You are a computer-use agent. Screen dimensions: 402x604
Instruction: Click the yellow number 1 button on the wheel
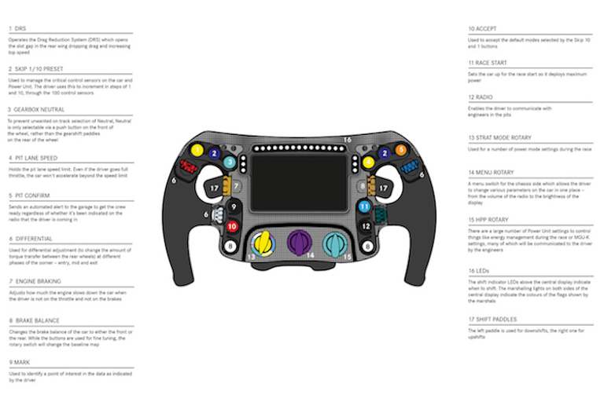coord(197,150)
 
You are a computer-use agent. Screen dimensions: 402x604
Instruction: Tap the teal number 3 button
coord(228,163)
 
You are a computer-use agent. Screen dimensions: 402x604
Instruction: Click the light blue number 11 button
coord(364,206)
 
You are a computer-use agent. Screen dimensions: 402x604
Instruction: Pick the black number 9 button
coord(233,206)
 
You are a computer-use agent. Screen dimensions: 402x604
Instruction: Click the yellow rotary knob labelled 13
coord(263,243)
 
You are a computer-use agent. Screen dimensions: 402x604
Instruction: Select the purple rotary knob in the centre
coord(299,241)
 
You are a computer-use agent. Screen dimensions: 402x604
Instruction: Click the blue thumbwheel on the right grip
coord(408,166)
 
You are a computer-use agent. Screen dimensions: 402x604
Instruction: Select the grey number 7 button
coord(235,185)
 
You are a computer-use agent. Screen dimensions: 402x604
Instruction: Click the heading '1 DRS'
coord(17,29)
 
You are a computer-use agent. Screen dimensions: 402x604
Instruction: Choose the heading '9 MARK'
coord(20,363)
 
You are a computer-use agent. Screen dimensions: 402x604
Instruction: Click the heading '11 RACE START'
coord(488,63)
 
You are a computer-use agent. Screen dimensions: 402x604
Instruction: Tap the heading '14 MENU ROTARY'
coord(492,172)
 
